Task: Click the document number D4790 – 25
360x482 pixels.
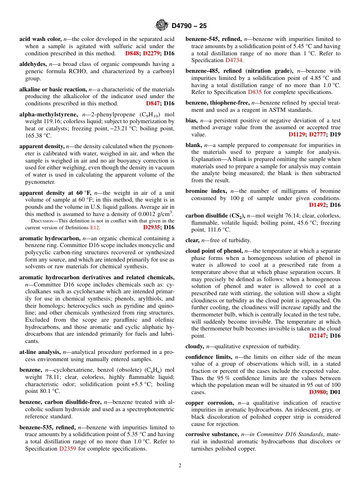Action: pos(189,26)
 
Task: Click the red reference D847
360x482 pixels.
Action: pos(153,103)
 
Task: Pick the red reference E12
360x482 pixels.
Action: pos(94,228)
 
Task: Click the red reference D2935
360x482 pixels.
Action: pos(152,227)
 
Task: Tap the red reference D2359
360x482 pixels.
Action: pos(68,449)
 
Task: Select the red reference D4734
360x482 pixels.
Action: pos(234,60)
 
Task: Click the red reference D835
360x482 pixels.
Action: pos(255,92)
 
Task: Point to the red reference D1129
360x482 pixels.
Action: pos(297,135)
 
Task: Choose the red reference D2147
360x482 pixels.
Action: pos(318,336)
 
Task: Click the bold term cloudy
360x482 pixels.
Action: pos(194,346)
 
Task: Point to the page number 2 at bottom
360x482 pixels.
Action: pos(180,466)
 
